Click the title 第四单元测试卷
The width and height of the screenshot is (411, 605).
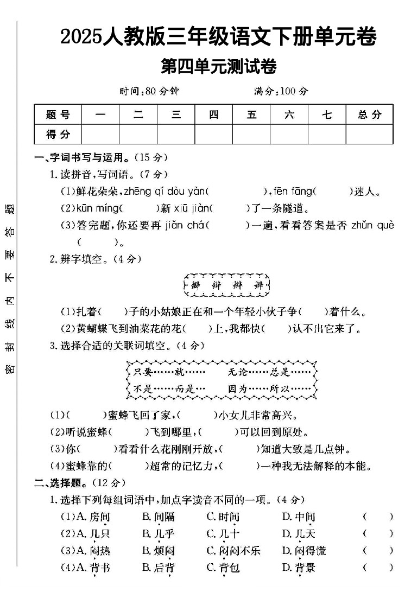pyautogui.click(x=219, y=67)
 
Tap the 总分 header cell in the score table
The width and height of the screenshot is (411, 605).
pyautogui.click(x=369, y=114)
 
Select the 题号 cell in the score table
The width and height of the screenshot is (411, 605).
pyautogui.click(x=58, y=114)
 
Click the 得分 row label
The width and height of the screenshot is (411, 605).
pyautogui.click(x=58, y=134)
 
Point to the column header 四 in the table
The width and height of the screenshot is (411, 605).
pyautogui.click(x=213, y=114)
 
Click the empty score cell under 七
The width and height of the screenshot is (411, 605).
pyautogui.click(x=327, y=134)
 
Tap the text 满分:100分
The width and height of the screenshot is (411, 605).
pyautogui.click(x=281, y=91)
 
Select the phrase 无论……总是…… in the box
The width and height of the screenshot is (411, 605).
pyautogui.click(x=269, y=373)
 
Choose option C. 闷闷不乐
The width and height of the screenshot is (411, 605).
pyautogui.click(x=233, y=551)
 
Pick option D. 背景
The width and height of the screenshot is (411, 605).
pyautogui.click(x=299, y=568)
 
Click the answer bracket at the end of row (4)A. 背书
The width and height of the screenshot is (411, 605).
pyautogui.click(x=378, y=568)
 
